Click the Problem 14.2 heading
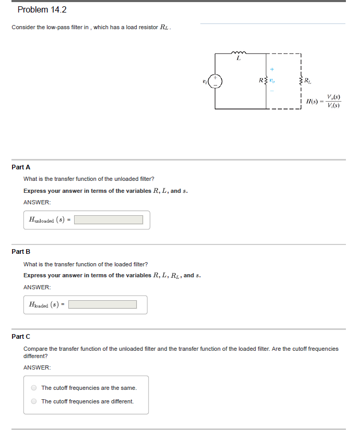[x=42, y=10]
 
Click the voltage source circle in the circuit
[x=216, y=81]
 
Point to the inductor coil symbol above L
[x=239, y=52]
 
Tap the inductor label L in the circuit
[x=238, y=58]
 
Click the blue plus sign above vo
[x=272, y=68]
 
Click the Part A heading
[x=21, y=167]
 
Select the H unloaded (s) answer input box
[x=109, y=220]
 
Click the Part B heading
[x=21, y=252]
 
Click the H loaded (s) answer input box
[x=103, y=304]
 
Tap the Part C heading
[x=21, y=337]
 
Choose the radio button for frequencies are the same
[x=34, y=388]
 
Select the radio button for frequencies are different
[x=34, y=401]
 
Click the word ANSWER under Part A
[x=37, y=202]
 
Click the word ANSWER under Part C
[x=37, y=367]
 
